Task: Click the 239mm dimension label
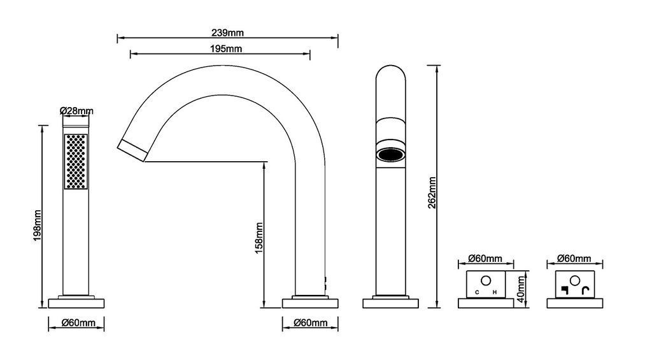(227, 32)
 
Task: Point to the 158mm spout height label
(259, 238)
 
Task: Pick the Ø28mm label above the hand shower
(76, 111)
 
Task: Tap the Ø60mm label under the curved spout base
(311, 323)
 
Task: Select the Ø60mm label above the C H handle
(485, 259)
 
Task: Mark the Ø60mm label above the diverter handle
(574, 259)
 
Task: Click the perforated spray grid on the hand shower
(76, 161)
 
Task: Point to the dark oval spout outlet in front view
(390, 155)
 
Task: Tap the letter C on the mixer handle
(477, 292)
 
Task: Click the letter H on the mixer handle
(495, 292)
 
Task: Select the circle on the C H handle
(486, 280)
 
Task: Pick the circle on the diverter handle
(574, 280)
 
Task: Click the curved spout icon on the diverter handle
(587, 292)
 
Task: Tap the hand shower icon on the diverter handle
(563, 292)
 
